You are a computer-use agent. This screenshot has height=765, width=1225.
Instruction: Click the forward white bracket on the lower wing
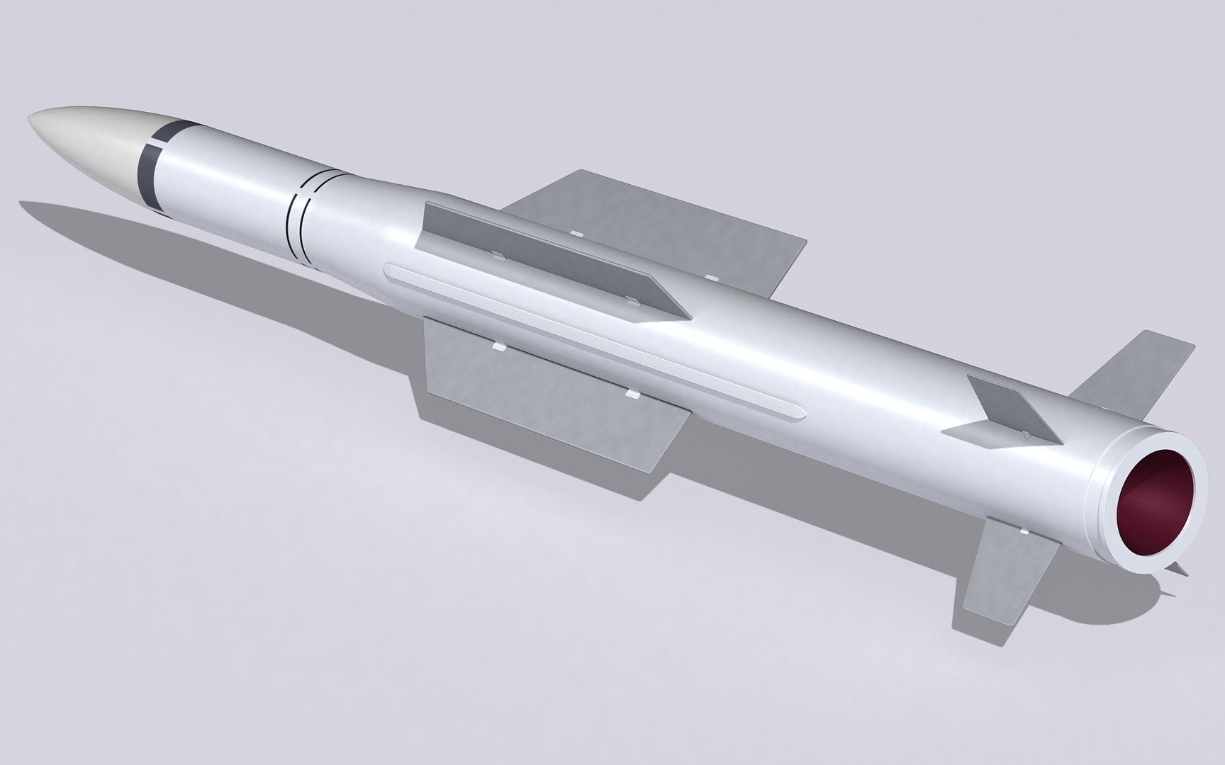pos(498,347)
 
